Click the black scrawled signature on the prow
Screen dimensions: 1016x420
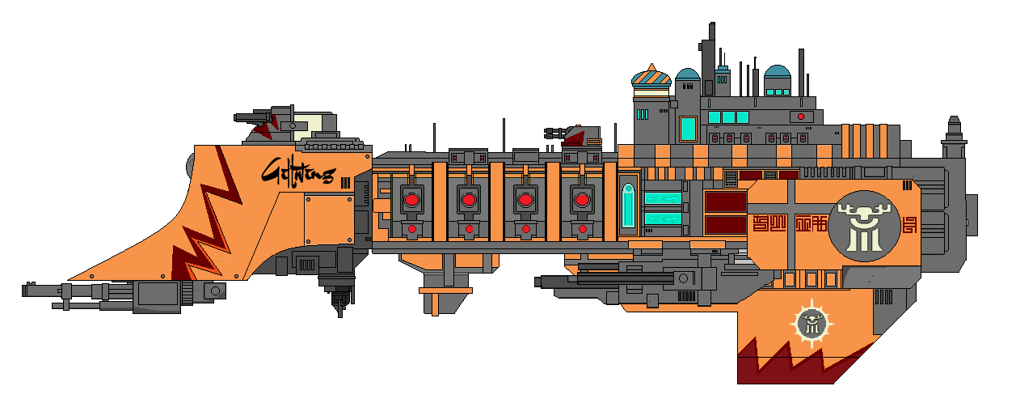(x=297, y=172)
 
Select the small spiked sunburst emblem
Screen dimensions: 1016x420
(x=811, y=323)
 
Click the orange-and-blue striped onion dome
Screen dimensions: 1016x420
(x=651, y=78)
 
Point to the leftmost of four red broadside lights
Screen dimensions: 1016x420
(x=411, y=199)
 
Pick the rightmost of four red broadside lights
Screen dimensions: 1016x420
(x=581, y=199)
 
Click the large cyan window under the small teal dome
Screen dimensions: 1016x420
(x=688, y=128)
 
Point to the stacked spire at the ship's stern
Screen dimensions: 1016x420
(x=954, y=138)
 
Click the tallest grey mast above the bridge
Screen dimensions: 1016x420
(x=711, y=49)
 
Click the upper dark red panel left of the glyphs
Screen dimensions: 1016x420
(x=725, y=202)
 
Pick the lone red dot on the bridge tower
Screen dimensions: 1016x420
(x=800, y=117)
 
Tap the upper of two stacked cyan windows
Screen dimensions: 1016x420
(x=663, y=198)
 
